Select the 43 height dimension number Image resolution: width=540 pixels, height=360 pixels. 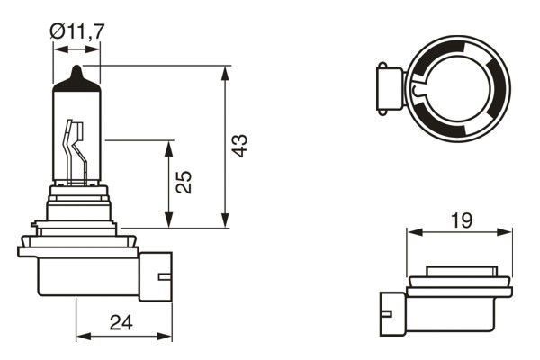(238, 147)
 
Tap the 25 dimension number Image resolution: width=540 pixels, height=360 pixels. (184, 184)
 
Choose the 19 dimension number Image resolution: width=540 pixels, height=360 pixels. (460, 219)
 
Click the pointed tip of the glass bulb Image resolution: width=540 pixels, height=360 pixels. (76, 72)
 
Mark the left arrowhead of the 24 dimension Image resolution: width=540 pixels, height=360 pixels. (81, 336)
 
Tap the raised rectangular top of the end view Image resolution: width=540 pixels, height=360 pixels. (461, 271)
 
